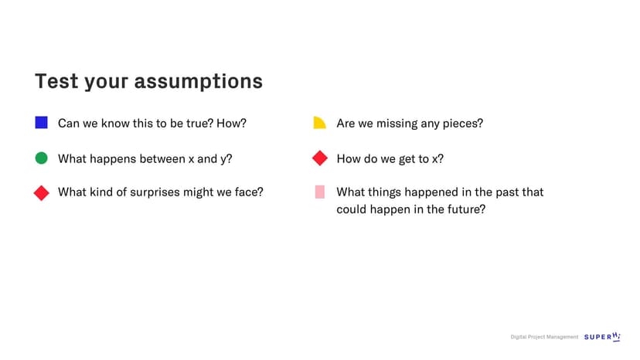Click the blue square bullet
coord(41,123)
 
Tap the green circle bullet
coord(41,158)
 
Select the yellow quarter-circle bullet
coord(319,123)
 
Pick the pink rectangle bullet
coord(319,192)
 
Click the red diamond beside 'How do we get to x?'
coord(319,158)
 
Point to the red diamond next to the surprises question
coord(41,192)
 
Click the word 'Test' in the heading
coord(56,81)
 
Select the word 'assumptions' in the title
coord(199,82)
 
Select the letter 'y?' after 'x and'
coord(226,160)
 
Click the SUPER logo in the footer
coord(602,337)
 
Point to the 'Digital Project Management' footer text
coord(544,337)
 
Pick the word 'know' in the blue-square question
coord(115,124)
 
